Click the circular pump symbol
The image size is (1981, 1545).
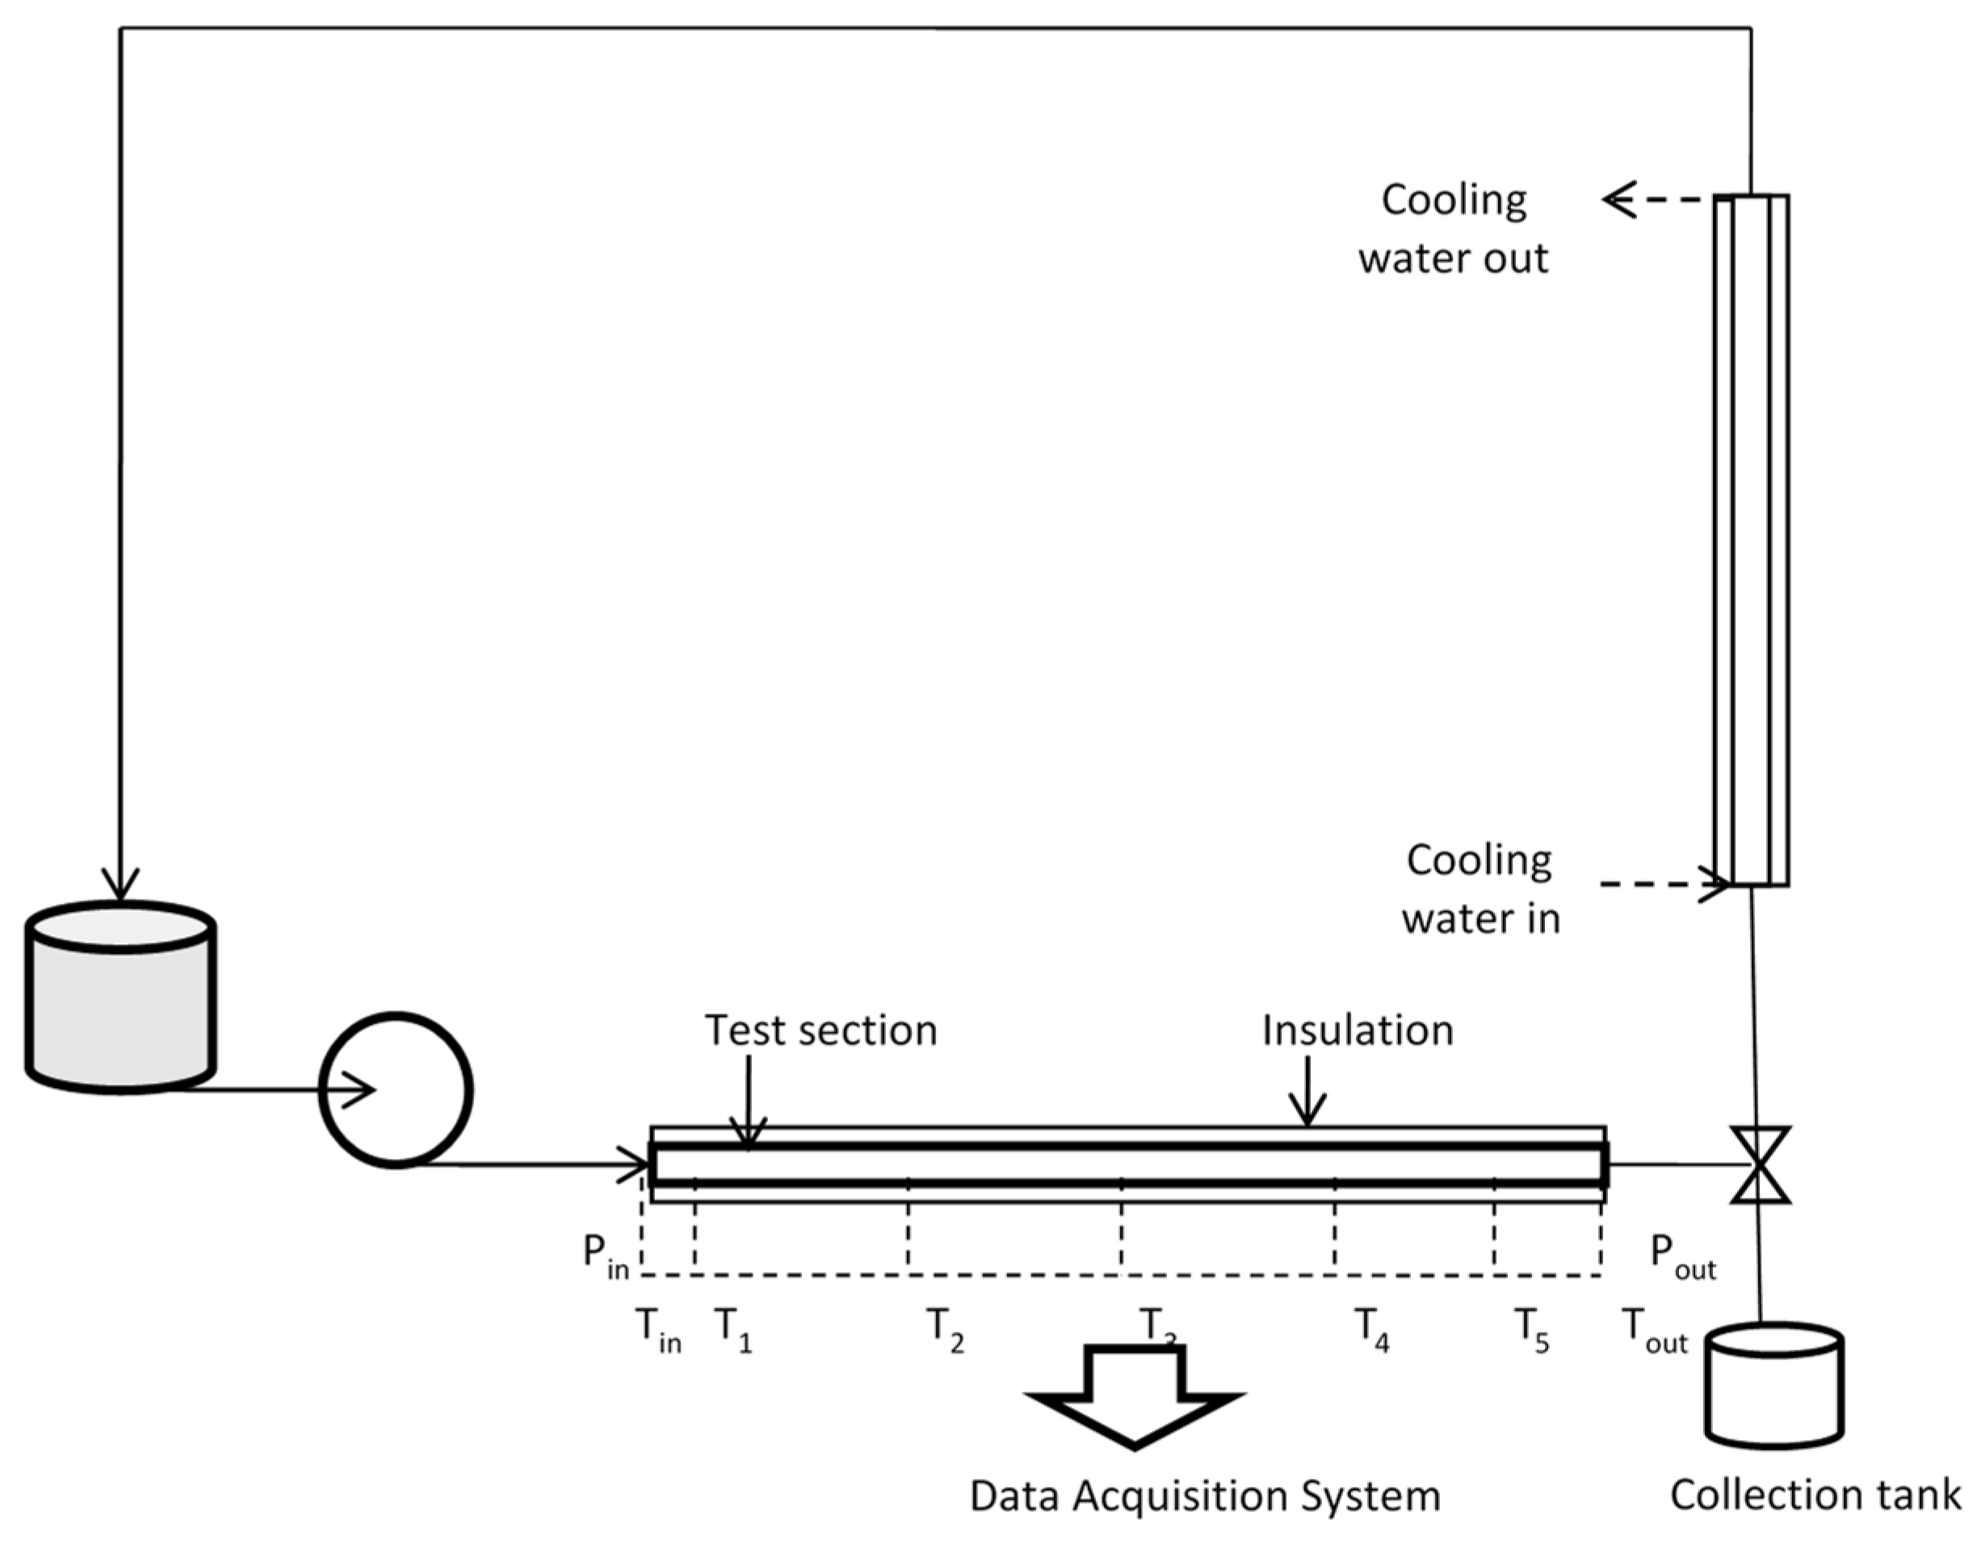pos(397,1089)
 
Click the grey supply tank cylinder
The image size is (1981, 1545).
pos(120,998)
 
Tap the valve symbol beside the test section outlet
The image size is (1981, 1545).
pos(1760,1165)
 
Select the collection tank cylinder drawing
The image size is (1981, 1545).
pos(1773,1385)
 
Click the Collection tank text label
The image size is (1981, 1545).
pos(1815,1494)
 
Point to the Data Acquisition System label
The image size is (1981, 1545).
pos(1205,1495)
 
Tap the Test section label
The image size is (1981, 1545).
pos(821,1031)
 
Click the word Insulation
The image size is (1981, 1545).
pos(1357,1031)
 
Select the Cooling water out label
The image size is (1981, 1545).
pos(1453,229)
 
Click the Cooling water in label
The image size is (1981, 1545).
pos(1480,889)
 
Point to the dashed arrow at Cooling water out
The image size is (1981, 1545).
pos(1656,199)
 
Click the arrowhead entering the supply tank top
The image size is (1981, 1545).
pos(120,884)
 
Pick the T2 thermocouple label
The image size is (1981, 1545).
pos(943,1330)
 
